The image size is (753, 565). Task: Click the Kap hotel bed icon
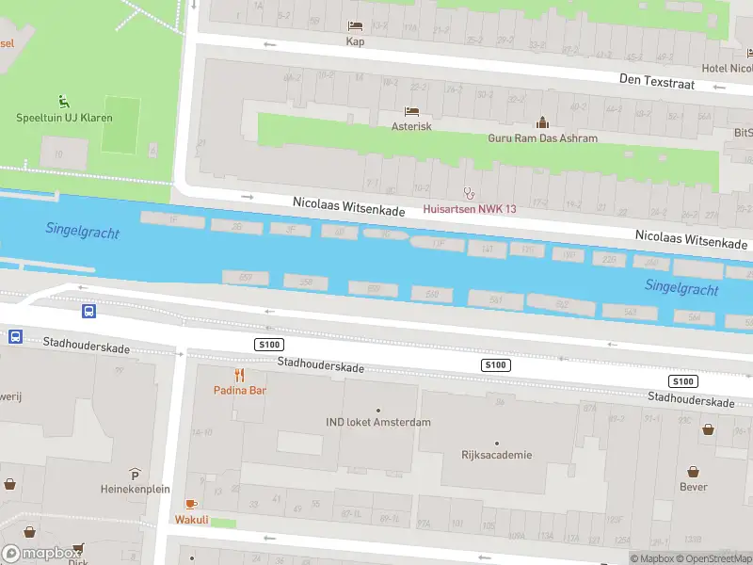[355, 26]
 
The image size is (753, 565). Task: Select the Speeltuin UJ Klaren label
[64, 118]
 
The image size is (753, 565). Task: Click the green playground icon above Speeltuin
[64, 101]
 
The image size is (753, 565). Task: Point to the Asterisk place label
[411, 126]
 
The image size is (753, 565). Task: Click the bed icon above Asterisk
[411, 111]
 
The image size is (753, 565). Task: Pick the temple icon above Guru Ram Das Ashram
[542, 122]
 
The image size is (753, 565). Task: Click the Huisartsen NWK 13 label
[469, 208]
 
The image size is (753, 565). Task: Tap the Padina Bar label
[238, 390]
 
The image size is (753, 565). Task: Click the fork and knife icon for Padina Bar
[238, 375]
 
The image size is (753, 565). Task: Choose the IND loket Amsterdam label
[378, 422]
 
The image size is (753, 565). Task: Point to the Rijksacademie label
[497, 456]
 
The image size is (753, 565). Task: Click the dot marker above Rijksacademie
[497, 443]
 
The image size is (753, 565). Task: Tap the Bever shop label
[694, 487]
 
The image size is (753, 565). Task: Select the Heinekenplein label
[135, 490]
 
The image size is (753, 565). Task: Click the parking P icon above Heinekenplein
[135, 474]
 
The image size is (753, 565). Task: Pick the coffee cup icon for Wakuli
[191, 504]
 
